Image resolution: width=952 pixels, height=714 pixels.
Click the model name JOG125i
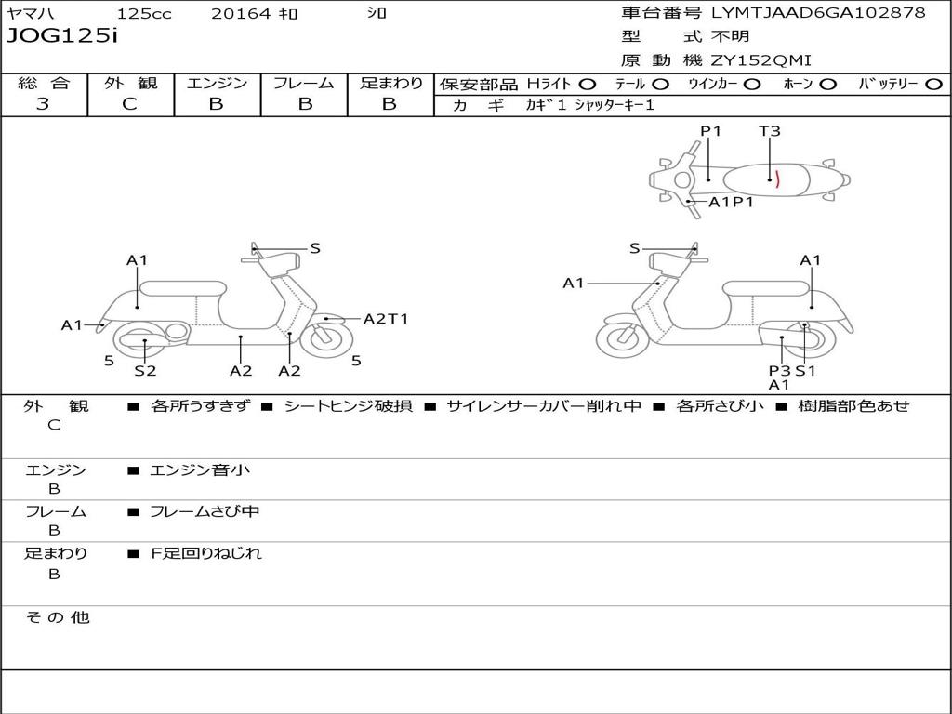pos(62,35)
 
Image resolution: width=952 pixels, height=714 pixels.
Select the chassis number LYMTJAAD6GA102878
pos(818,12)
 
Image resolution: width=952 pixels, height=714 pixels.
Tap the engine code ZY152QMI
pos(760,60)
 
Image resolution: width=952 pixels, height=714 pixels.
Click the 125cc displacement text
pos(144,13)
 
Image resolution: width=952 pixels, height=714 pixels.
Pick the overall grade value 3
pos(43,103)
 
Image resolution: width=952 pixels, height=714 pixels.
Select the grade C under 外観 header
pos(129,103)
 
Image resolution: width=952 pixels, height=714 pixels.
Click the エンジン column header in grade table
pos(217,83)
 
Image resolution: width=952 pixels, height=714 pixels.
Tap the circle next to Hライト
pos(588,85)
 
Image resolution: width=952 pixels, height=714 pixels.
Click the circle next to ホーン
pos(827,85)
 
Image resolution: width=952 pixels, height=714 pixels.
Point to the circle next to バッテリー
pos(934,85)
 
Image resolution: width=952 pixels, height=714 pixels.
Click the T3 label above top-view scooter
pos(769,130)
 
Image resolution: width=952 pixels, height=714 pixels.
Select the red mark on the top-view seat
pos(777,179)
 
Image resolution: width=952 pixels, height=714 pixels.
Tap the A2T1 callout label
pos(386,319)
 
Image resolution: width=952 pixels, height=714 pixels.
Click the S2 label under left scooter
pos(145,370)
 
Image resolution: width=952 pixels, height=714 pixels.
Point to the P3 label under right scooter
pos(779,370)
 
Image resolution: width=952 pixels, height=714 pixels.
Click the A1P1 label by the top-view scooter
pos(731,202)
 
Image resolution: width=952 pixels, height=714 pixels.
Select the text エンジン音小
pos(200,469)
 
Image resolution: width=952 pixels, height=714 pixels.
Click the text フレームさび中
pos(205,511)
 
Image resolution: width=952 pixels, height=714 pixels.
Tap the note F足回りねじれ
pos(205,553)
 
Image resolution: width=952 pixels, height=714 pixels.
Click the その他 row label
pos(58,617)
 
